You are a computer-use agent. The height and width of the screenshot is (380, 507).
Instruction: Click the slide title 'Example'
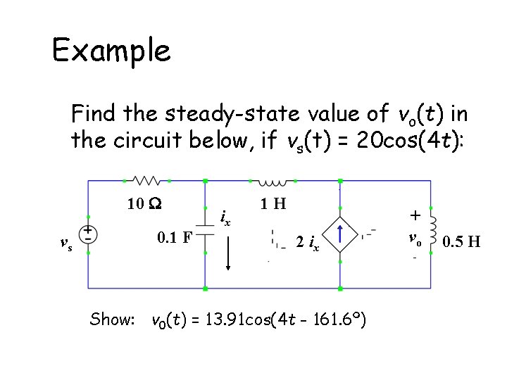[111, 51]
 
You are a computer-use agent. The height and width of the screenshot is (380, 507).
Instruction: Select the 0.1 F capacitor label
[175, 237]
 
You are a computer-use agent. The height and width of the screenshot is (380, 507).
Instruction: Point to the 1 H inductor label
[273, 204]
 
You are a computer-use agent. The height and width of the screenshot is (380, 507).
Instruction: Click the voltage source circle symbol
[88, 234]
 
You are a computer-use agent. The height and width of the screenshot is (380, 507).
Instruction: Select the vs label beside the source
[65, 244]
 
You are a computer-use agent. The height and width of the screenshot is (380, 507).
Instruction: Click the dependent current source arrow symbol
[341, 234]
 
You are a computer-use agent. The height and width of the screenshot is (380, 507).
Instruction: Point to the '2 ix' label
[307, 244]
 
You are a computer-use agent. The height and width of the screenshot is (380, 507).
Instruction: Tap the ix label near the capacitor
[226, 219]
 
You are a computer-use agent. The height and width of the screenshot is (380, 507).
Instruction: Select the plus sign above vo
[415, 215]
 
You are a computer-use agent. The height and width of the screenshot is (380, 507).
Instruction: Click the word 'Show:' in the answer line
[112, 319]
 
